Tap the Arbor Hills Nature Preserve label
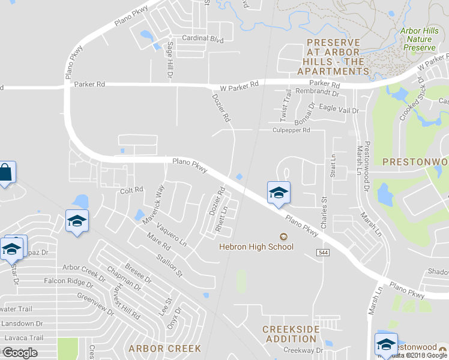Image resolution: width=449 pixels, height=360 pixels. click(418, 38)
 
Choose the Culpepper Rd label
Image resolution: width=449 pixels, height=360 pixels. click(291, 130)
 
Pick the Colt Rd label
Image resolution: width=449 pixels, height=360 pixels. click(131, 190)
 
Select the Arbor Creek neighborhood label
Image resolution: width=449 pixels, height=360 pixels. click(154, 348)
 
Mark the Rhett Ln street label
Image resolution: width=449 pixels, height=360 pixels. click(225, 220)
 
